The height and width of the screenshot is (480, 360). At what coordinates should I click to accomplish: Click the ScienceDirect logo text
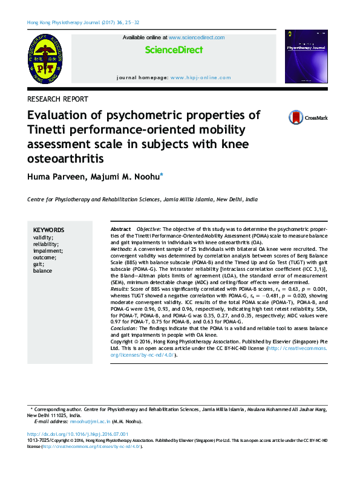coord(174,50)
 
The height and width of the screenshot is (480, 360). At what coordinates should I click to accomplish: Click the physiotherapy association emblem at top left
coord(44,59)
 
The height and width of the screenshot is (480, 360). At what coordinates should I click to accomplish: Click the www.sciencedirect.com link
coord(197,37)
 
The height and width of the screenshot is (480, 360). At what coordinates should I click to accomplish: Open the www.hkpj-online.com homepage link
coord(200,78)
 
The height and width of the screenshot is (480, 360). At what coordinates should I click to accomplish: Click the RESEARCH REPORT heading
coord(58,99)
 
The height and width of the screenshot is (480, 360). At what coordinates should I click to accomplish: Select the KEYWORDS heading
coord(48,230)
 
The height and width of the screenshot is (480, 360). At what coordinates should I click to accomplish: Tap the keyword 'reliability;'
coord(46,244)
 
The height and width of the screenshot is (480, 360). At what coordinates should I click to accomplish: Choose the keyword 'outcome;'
coord(45,258)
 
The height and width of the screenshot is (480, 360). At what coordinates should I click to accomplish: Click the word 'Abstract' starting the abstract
coord(121,230)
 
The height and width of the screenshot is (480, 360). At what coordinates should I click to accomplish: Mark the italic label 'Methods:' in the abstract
coord(122,249)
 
